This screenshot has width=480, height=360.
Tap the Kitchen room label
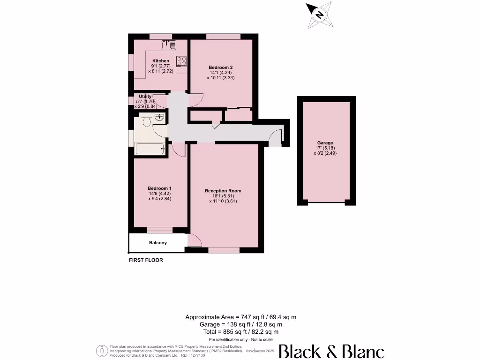160,61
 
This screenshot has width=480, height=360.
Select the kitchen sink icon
169,45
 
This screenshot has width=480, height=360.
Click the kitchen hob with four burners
182,61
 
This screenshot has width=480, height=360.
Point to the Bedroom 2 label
220,67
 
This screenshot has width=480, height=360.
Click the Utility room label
145,97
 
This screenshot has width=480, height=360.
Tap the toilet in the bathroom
146,122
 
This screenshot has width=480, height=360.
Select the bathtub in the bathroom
150,149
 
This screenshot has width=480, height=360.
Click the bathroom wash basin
159,117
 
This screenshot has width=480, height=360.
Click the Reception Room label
223,191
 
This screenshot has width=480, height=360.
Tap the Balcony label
158,243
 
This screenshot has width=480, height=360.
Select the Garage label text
325,143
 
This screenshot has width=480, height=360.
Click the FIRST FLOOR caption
146,260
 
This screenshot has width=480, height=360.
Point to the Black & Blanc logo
331,352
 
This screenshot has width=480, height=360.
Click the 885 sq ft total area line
240,331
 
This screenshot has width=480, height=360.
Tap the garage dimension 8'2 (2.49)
327,153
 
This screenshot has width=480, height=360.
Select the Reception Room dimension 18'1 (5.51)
223,196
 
